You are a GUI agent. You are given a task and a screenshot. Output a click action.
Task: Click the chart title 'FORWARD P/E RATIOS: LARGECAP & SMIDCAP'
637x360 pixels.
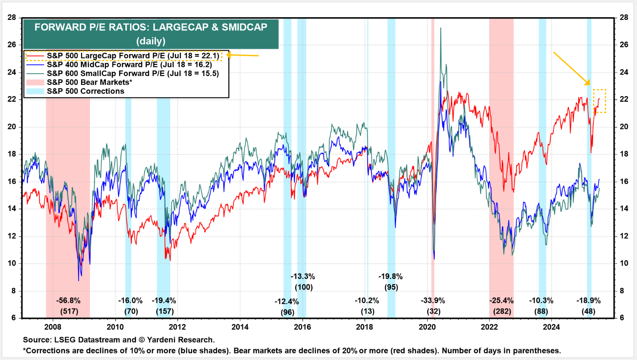coord(151,27)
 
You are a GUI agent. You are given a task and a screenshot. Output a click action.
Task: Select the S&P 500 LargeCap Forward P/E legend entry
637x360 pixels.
coord(133,56)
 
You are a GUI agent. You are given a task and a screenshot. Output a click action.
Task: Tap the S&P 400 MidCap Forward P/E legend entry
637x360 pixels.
coord(129,65)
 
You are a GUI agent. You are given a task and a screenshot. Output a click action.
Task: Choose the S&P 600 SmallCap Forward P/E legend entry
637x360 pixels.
coord(133,73)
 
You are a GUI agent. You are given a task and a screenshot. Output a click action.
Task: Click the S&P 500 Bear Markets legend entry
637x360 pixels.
coord(89,82)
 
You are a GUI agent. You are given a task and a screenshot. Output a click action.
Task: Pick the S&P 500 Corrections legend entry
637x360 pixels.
coord(85,91)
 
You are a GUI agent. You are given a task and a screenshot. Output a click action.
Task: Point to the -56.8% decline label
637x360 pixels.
coord(68,301)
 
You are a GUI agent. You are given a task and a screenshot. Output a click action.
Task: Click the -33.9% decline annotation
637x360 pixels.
coord(433,301)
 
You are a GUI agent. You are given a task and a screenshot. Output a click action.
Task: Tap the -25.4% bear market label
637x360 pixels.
coord(501,301)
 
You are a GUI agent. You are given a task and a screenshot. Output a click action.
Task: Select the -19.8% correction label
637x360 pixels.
coord(390,277)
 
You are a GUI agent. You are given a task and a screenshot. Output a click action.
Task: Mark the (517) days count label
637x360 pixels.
coord(69,311)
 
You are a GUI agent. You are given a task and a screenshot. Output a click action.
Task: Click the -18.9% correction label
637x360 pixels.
coord(588,301)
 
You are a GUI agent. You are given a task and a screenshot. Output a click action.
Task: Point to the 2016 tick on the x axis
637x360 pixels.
coord(302,327)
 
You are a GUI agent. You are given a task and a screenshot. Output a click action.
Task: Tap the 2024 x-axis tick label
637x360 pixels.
coord(551,327)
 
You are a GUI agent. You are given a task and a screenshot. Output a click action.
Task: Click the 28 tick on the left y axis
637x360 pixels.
coord(12,17)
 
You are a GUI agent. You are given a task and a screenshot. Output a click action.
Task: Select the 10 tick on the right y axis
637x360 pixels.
coord(624,263)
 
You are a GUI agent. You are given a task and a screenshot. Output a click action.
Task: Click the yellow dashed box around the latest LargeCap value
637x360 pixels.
coord(599,101)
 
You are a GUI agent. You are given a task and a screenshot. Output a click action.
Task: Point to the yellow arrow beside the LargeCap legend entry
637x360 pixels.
coord(243,55)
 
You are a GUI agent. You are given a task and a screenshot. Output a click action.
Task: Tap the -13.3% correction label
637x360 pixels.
coord(303,277)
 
